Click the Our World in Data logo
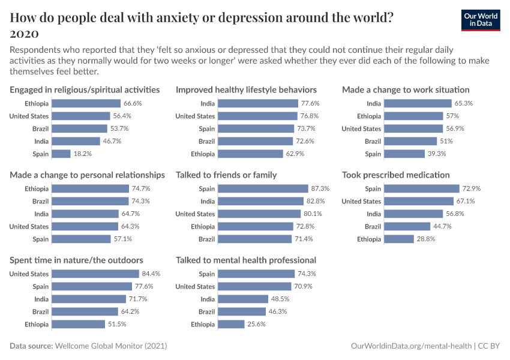(x=481, y=19)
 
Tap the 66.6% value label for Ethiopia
(x=132, y=103)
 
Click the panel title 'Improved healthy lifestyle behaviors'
(x=246, y=90)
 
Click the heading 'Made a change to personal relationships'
(x=87, y=175)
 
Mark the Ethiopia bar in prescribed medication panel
(x=399, y=239)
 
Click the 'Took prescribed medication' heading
(x=395, y=175)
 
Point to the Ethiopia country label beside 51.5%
(x=35, y=324)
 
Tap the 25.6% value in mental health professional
(x=256, y=324)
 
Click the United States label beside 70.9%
(x=195, y=286)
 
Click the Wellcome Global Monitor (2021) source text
(x=111, y=346)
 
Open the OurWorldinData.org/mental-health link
(x=411, y=346)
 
